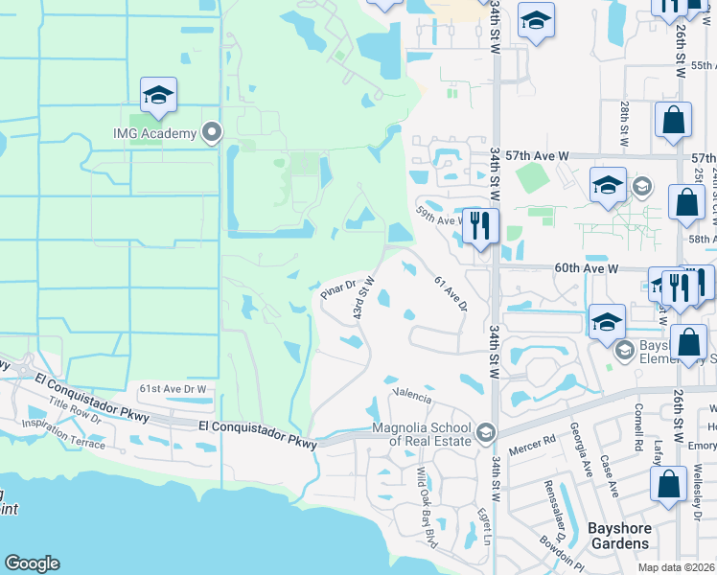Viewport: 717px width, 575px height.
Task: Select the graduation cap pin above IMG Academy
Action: point(158,96)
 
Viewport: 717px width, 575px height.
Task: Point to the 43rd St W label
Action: point(362,300)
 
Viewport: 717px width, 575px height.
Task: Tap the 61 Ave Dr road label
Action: point(450,293)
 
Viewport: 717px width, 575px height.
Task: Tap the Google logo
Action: point(33,563)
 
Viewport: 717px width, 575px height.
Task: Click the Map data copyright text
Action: point(677,567)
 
